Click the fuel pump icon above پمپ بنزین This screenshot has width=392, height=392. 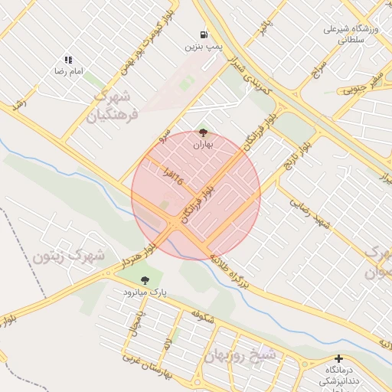[203, 34]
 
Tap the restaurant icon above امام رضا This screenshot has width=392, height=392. [68, 59]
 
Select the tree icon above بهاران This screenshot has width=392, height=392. [202, 132]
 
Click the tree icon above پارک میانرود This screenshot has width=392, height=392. [145, 281]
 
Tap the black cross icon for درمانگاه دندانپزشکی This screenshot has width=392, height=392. [338, 358]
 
